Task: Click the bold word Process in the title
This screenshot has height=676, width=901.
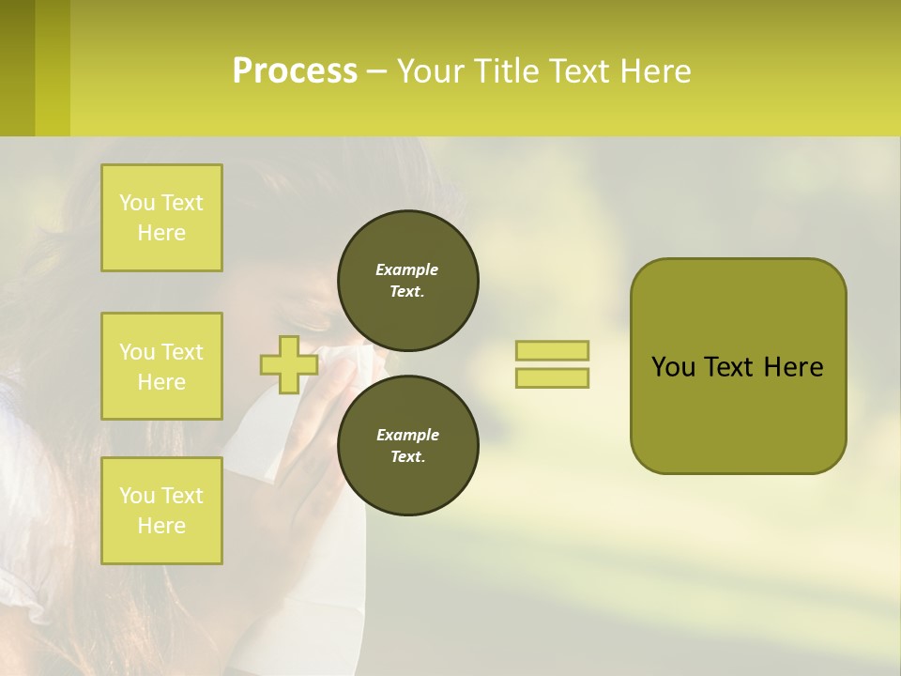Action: coord(295,71)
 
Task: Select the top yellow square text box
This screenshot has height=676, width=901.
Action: coord(161,218)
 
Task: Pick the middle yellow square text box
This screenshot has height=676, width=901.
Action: coord(161,366)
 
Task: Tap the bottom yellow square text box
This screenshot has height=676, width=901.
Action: coord(161,511)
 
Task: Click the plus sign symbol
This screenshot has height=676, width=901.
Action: coord(288,364)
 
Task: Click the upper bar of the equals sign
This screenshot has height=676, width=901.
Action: coord(552,351)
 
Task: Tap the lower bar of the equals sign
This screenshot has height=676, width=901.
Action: coord(552,378)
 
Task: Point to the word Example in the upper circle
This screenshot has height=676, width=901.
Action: coord(407,269)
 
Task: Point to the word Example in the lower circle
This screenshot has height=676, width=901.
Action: coord(407,435)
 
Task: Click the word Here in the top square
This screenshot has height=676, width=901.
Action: coord(161,233)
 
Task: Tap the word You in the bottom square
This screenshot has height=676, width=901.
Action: coord(137,496)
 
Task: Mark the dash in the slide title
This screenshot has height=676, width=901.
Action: coord(376,71)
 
